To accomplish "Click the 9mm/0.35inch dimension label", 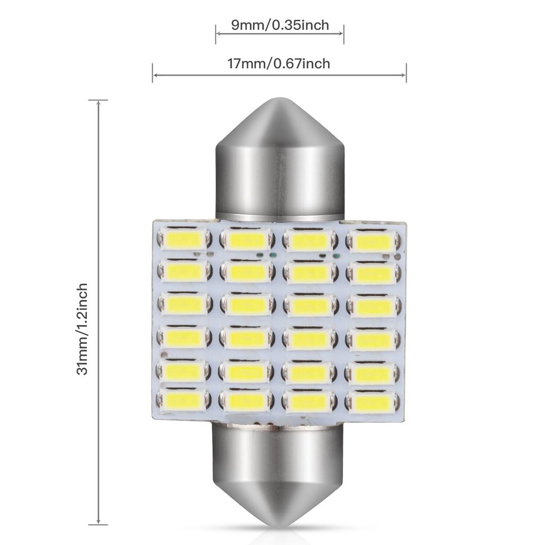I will [x=279, y=24].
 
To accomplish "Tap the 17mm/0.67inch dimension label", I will [x=279, y=64].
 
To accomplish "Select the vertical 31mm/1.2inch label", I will [x=82, y=329].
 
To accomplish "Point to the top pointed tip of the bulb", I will [x=279, y=100].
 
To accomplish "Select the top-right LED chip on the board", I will [x=373, y=242].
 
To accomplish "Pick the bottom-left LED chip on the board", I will [x=184, y=400].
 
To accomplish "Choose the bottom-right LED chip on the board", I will [x=373, y=403].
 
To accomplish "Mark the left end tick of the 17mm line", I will [x=153, y=73].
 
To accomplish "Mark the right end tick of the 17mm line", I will [x=406, y=73].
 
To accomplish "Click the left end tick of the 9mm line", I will [x=216, y=34].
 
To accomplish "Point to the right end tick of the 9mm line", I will [x=344, y=34].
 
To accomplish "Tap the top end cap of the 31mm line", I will [x=98, y=100].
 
